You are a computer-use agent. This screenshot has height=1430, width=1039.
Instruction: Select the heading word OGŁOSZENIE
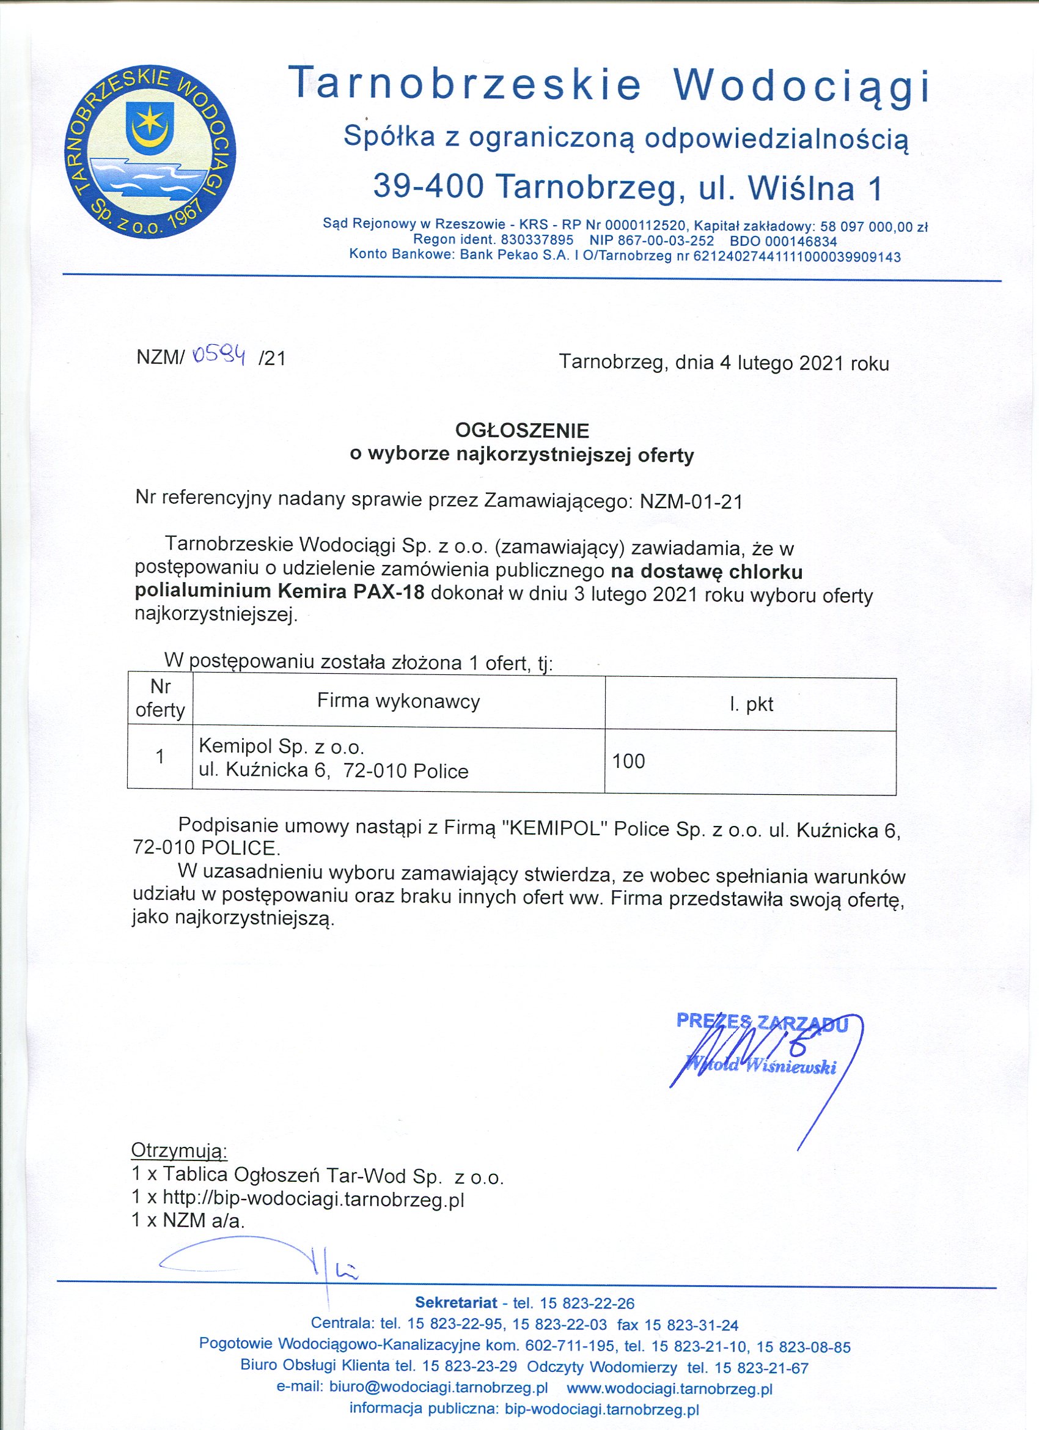(x=522, y=430)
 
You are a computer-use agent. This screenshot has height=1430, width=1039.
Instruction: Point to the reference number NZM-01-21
(x=691, y=501)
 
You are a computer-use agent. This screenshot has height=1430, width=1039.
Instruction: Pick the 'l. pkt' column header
(x=751, y=704)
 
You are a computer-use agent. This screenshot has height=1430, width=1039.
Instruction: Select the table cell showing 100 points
(x=628, y=761)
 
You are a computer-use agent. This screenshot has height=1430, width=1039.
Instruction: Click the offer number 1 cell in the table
(x=160, y=757)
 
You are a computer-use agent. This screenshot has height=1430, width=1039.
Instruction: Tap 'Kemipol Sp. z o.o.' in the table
(x=282, y=746)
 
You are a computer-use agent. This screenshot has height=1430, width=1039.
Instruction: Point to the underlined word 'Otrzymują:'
(x=179, y=1151)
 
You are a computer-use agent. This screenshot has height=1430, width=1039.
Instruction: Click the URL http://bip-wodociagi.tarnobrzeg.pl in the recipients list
(x=314, y=1199)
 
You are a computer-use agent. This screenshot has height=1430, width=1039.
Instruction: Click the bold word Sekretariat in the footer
(x=456, y=1303)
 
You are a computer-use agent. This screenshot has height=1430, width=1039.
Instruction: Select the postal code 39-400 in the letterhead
(x=428, y=187)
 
